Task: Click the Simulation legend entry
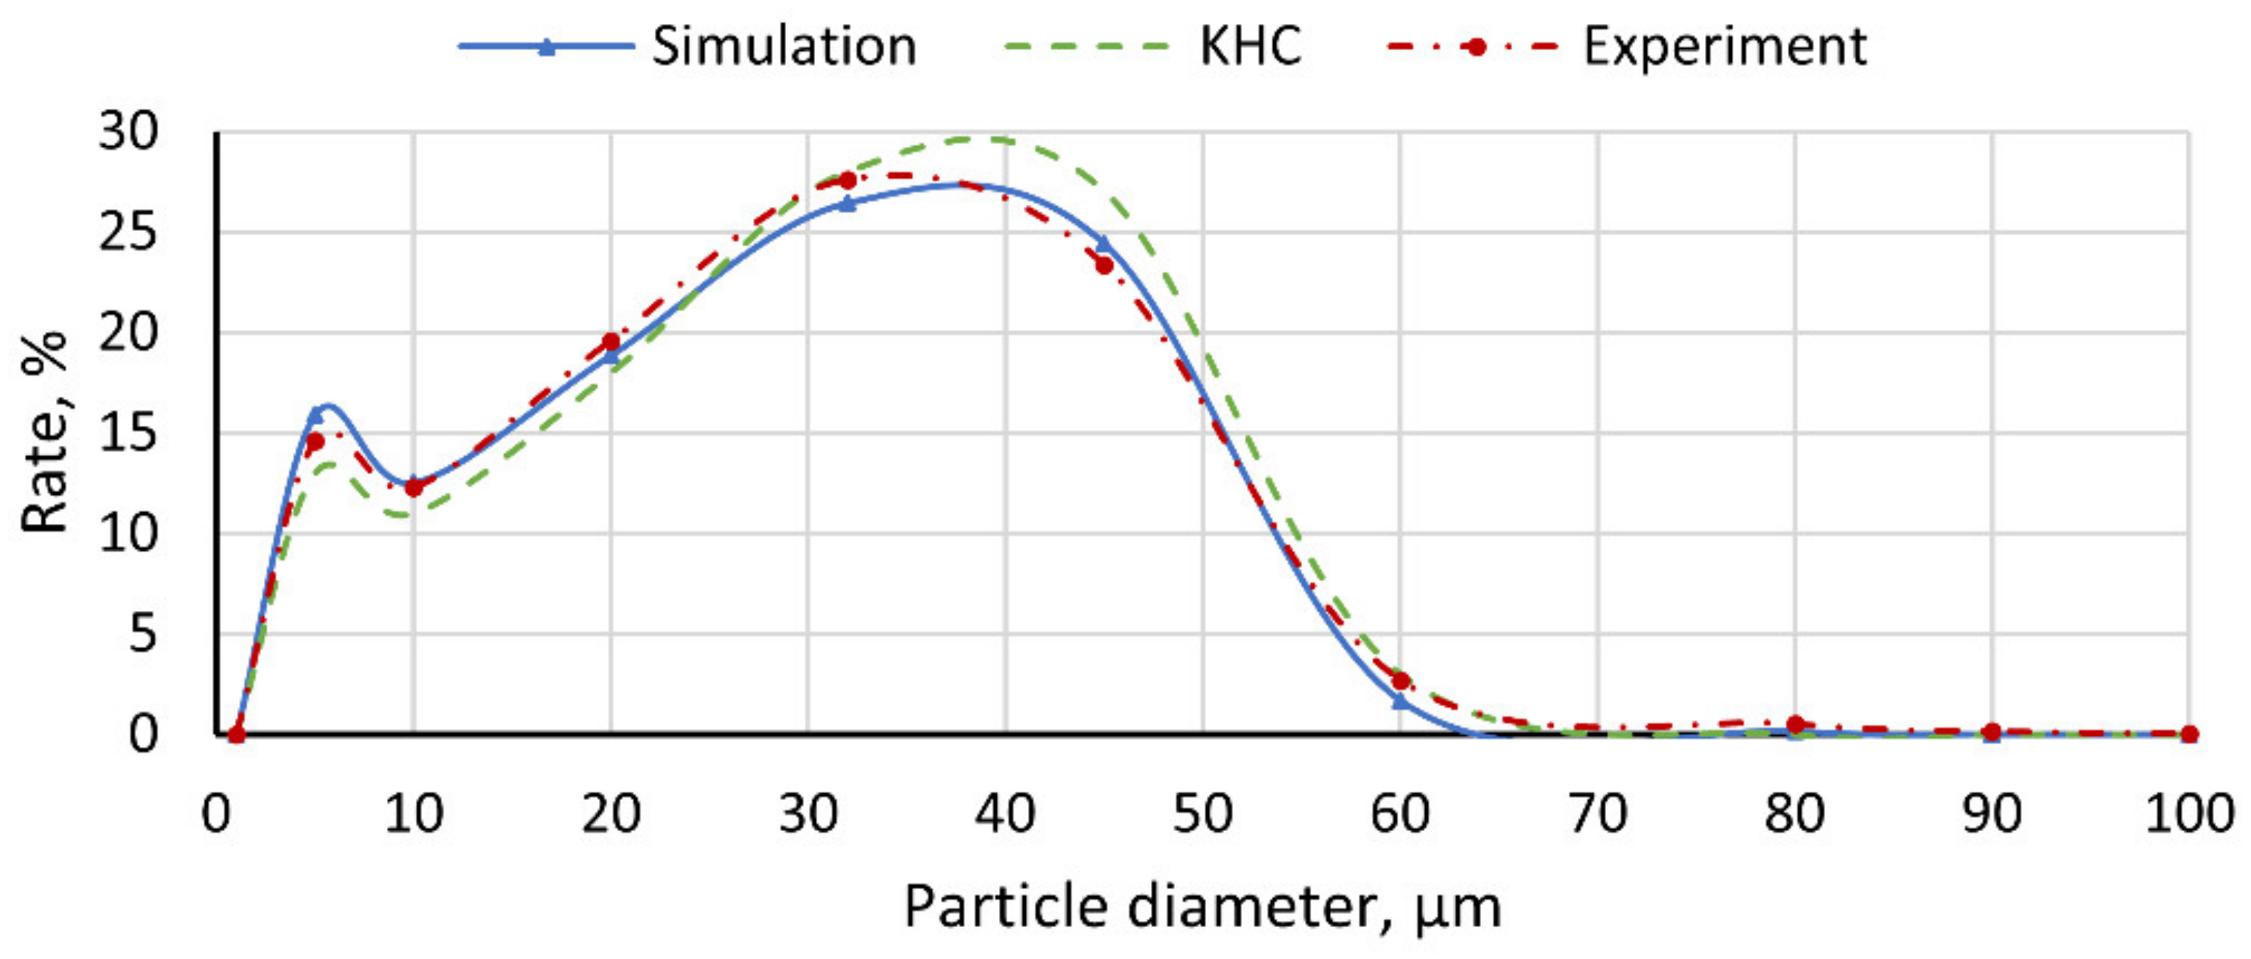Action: pos(784,46)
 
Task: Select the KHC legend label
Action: pos(1251,46)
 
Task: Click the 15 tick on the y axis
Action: pos(129,433)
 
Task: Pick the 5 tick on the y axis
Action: pos(143,634)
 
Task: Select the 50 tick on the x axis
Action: pos(1203,814)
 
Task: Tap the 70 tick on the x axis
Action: pos(1597,814)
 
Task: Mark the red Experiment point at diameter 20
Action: pos(611,341)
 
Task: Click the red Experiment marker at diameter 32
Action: pos(847,181)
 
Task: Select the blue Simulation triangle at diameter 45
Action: pos(1104,243)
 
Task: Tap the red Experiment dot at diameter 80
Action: pos(1795,725)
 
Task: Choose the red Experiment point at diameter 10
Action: pos(413,487)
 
